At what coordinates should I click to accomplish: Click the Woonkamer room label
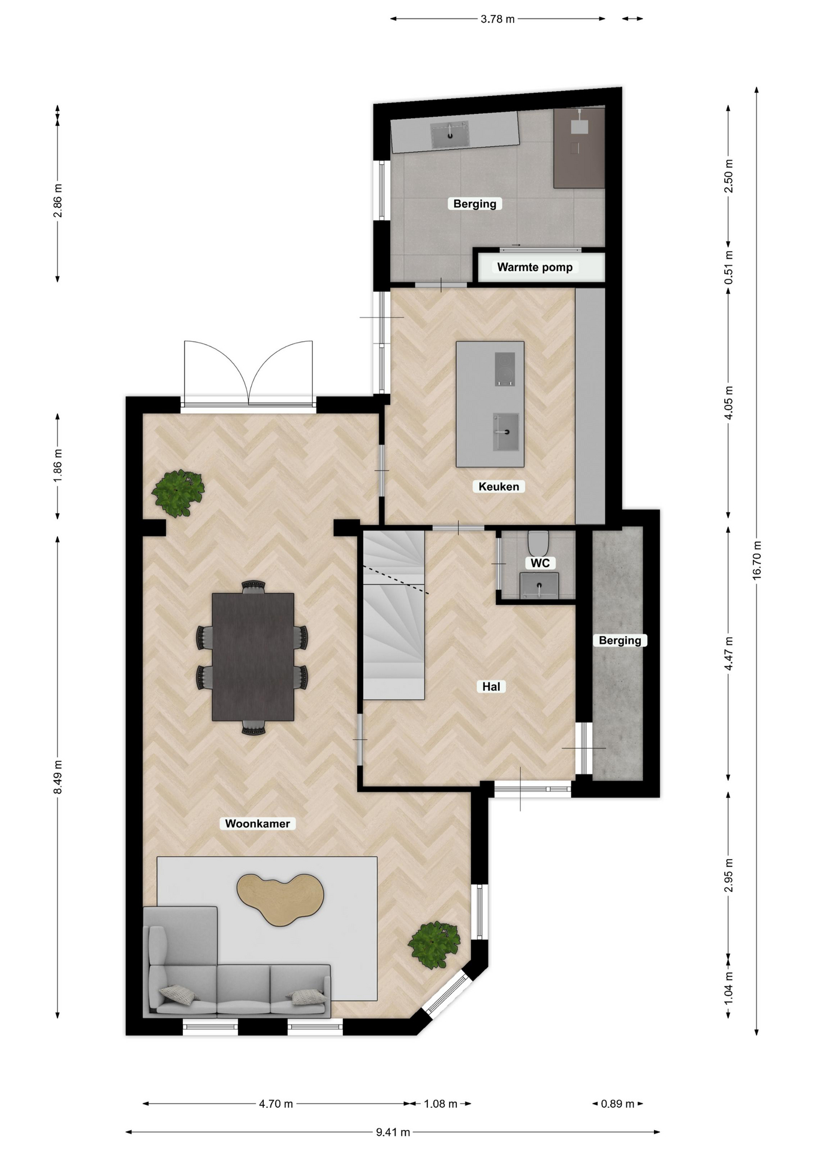pos(257,824)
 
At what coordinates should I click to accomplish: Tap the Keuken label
pos(499,487)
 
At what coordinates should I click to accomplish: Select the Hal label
pos(491,687)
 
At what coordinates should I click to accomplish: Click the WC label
pos(540,564)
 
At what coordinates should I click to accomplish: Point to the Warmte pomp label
pos(535,267)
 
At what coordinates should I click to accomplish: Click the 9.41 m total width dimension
pos(393,1132)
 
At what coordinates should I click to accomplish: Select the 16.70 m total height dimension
pos(756,560)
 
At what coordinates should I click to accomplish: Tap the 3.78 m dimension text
pos(498,19)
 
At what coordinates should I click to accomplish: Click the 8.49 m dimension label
pos(58,777)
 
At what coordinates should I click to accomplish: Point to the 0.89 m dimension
pos(617,1104)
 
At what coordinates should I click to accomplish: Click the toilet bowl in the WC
pos(538,543)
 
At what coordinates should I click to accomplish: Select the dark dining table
pos(253,657)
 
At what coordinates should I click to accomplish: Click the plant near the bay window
pos(434,945)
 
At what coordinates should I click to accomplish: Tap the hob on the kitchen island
pos(505,369)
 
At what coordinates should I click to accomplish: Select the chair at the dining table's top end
pos(253,587)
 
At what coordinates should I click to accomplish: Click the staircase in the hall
pos(394,615)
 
